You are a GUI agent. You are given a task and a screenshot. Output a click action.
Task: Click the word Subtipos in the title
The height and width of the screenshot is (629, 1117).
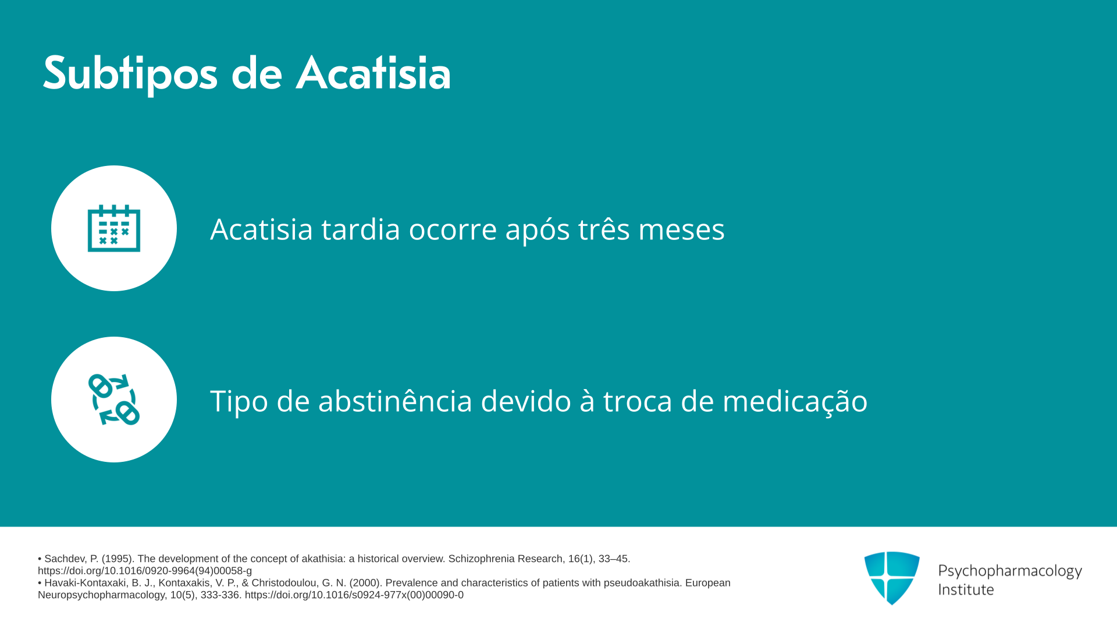coord(130,74)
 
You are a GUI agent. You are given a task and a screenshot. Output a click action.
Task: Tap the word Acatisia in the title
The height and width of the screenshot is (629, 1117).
coord(373,73)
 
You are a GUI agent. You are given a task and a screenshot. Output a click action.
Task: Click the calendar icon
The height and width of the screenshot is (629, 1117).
coord(114,228)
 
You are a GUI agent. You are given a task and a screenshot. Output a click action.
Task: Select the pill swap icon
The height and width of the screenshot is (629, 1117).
coord(114,400)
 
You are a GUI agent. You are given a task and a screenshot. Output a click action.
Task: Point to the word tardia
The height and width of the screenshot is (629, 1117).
coord(361,229)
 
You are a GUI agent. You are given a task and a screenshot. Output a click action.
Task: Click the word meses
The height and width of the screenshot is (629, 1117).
coord(681,229)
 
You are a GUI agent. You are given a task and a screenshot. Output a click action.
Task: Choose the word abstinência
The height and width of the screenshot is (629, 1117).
coord(395,401)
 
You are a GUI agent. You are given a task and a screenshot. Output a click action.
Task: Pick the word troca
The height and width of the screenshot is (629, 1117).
coord(638,401)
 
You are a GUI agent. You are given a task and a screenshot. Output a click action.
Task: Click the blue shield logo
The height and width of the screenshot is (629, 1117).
coord(892,578)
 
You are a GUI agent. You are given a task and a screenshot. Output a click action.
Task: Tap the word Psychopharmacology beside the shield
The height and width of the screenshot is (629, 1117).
coord(1010,571)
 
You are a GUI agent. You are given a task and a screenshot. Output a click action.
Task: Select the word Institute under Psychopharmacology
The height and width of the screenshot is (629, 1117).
coord(966,589)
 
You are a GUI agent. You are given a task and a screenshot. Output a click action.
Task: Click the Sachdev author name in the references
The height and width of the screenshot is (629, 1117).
coord(66,559)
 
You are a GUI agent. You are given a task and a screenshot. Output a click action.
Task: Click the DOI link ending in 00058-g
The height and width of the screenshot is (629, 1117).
coord(145,571)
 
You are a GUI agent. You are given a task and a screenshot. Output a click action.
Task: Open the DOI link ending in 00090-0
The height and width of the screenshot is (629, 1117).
coord(354,595)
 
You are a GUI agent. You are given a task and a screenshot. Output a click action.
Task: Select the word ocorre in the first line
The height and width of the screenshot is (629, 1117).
coord(453,229)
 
